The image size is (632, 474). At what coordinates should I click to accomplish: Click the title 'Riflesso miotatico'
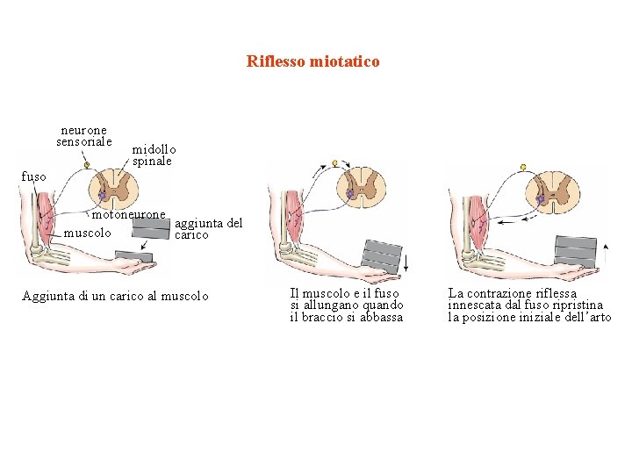click(x=313, y=61)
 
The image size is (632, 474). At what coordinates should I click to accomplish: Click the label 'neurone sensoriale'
click(x=84, y=135)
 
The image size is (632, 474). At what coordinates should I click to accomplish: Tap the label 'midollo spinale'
click(x=154, y=155)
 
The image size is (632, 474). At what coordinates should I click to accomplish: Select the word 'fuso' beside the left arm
click(x=33, y=176)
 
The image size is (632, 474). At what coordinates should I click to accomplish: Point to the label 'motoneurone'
click(x=128, y=214)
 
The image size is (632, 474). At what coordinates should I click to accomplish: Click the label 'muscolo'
click(x=88, y=233)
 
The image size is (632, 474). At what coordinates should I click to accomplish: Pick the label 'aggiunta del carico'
click(x=209, y=229)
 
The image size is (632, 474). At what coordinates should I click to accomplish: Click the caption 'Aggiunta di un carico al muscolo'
click(x=115, y=296)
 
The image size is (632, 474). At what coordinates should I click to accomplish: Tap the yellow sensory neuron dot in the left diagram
click(x=86, y=165)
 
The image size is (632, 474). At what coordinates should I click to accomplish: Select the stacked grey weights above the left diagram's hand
click(x=150, y=227)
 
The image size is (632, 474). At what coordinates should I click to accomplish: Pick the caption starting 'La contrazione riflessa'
click(x=529, y=305)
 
